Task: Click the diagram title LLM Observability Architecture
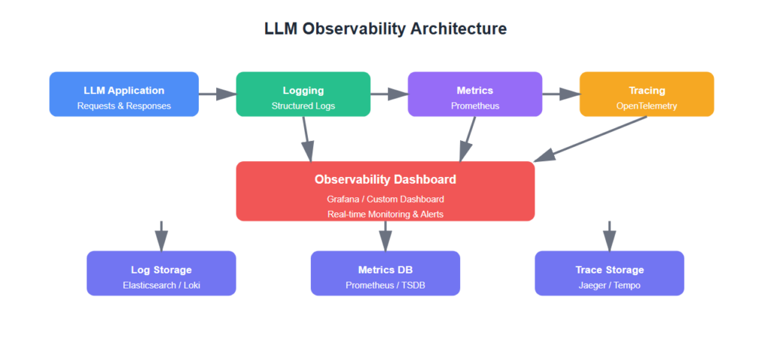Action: [385, 29]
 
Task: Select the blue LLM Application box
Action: [124, 94]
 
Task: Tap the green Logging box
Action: [303, 94]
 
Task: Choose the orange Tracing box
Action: [647, 94]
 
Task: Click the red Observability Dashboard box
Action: [385, 191]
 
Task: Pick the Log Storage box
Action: [161, 273]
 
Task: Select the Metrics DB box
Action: [385, 273]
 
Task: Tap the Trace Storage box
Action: [610, 273]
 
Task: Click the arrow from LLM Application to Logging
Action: [218, 94]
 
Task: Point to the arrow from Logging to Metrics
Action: [389, 94]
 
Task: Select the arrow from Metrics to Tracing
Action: [561, 94]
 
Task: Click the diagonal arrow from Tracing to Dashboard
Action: [591, 139]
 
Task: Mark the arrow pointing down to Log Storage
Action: [161, 235]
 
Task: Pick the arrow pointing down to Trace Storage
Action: [610, 235]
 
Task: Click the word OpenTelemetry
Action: [647, 106]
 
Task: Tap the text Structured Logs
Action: [303, 106]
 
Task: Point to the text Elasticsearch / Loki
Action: [161, 285]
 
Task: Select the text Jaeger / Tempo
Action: [610, 285]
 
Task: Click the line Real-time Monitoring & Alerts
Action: [385, 214]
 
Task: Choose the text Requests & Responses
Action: [124, 106]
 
